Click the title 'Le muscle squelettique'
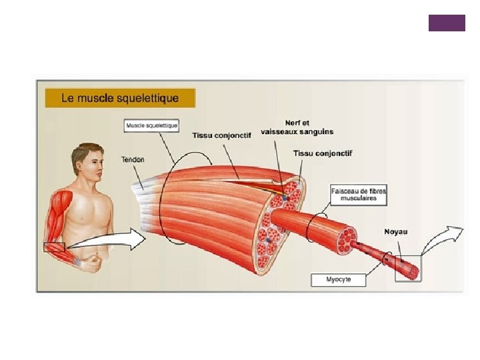coord(120,98)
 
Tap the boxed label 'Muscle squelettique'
coord(152,125)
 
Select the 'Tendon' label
coord(133,159)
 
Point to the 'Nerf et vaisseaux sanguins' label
coord(297,127)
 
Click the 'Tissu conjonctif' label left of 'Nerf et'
coord(221,135)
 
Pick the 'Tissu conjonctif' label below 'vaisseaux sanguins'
coord(323,153)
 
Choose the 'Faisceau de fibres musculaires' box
coord(358,194)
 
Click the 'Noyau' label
coord(395,231)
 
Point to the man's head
coord(87,163)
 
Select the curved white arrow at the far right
coord(444,239)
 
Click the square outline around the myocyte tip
coord(408,268)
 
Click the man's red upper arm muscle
coord(57,211)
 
